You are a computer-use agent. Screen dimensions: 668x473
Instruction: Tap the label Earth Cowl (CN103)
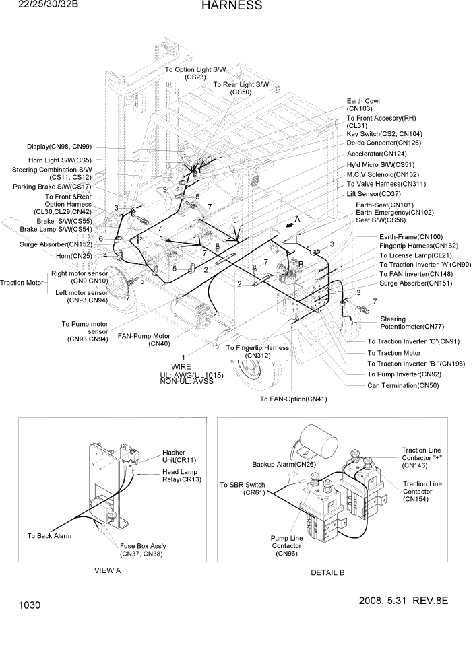(x=363, y=104)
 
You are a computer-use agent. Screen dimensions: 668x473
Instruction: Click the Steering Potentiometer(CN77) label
(x=402, y=323)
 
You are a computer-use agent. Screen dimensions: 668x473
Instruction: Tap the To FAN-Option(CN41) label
(x=294, y=399)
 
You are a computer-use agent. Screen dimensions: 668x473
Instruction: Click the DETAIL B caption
(x=327, y=572)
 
